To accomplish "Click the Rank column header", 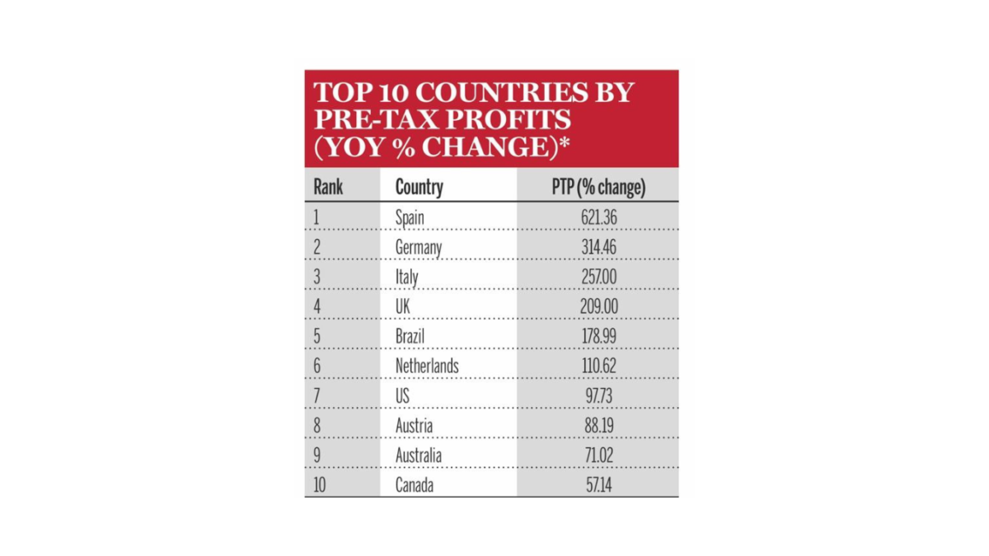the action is (x=328, y=187).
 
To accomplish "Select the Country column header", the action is (x=419, y=187).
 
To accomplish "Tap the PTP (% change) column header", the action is (x=598, y=187).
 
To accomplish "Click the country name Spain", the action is (x=410, y=217).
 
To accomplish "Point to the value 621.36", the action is (x=598, y=217).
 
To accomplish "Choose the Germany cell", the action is (x=418, y=247).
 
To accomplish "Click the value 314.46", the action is (x=598, y=246).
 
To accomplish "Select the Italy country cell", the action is (x=406, y=277).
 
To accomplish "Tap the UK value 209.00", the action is (x=598, y=306).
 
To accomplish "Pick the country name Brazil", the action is (x=410, y=336).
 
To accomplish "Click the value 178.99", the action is (x=598, y=336).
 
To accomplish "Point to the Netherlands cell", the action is (x=427, y=366).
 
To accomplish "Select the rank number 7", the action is (x=316, y=396).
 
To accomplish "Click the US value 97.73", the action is (x=598, y=396).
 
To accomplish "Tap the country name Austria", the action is (x=414, y=425).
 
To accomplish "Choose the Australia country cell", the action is (x=418, y=455).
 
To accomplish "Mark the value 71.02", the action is (x=598, y=455).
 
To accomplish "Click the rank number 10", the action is (x=319, y=485).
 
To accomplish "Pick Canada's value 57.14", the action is (x=598, y=485).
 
